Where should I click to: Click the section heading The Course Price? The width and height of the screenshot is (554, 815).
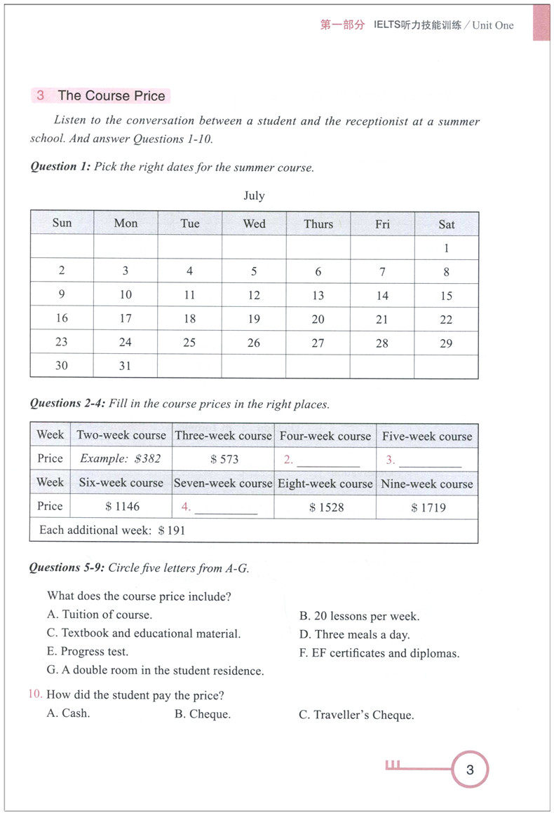[x=111, y=96]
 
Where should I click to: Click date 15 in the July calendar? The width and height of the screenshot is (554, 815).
[x=447, y=296]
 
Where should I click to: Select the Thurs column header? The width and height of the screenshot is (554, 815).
[x=318, y=224]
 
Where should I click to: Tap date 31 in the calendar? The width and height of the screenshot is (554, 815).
[x=126, y=366]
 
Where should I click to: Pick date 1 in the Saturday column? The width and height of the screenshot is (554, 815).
[x=447, y=248]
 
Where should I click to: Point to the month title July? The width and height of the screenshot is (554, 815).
[x=254, y=196]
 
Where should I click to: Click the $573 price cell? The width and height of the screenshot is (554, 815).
[x=224, y=460]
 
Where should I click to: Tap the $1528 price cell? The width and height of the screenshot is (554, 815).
[x=326, y=507]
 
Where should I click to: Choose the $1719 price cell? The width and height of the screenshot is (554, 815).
[x=428, y=507]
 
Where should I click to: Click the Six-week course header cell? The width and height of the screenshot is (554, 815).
[x=121, y=483]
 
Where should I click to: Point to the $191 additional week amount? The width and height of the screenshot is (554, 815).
[x=172, y=530]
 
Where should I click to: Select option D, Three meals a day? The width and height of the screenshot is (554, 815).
[x=355, y=635]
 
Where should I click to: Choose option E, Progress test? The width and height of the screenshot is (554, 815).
[x=88, y=652]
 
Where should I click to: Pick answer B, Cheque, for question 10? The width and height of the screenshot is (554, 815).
[x=203, y=715]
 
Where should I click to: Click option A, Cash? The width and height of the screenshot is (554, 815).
[x=69, y=714]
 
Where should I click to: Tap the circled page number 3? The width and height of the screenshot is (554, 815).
[x=470, y=770]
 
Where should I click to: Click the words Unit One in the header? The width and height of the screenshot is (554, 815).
[x=493, y=25]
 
